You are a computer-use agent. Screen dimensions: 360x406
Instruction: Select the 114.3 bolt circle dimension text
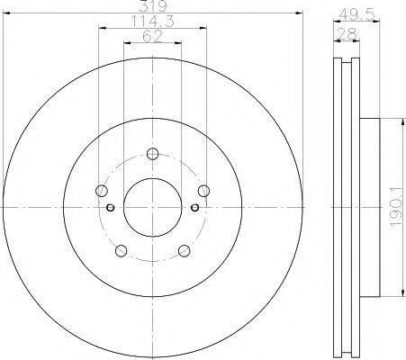tap(152, 22)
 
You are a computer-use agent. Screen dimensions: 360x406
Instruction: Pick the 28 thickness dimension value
tap(347, 33)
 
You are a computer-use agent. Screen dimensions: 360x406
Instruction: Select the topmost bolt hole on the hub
tap(152, 152)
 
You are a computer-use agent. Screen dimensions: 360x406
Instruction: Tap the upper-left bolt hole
tap(100, 190)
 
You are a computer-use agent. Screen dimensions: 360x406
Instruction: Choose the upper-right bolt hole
tap(204, 190)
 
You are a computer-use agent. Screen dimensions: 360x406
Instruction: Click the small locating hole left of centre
tap(111, 208)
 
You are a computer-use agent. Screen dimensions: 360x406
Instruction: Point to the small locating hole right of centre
tap(194, 208)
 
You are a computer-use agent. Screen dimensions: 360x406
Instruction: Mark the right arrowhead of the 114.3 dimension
tap(206, 29)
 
